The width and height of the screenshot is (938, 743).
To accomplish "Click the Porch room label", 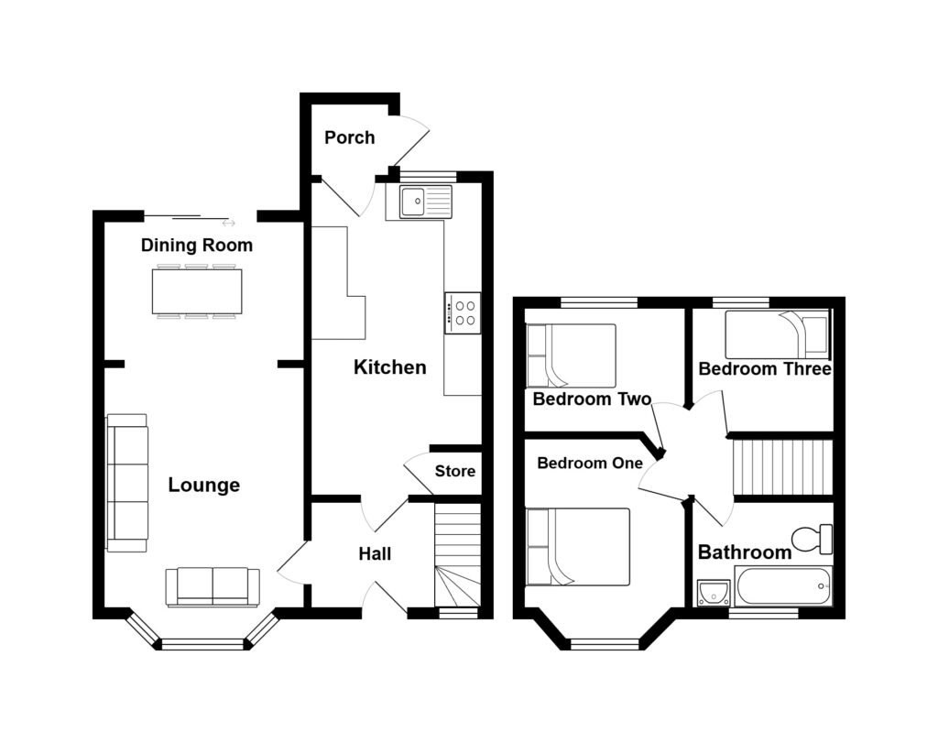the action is click(x=349, y=137).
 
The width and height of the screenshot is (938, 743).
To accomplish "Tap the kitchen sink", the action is click(x=426, y=201).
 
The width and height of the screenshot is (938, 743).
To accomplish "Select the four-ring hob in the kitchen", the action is click(x=463, y=313).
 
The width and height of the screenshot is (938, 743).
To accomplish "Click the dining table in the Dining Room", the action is click(x=197, y=291).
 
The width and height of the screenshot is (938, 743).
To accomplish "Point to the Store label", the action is click(x=455, y=472).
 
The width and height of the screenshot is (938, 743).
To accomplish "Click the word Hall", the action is click(x=375, y=554).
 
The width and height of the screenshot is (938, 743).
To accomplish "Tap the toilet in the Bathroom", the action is click(x=812, y=539).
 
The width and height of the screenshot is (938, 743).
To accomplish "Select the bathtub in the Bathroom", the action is click(x=784, y=586).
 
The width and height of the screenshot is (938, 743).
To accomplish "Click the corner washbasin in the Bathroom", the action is click(x=714, y=592).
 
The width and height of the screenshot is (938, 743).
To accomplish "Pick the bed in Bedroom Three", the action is click(x=778, y=333).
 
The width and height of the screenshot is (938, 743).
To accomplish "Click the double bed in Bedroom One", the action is click(x=578, y=547).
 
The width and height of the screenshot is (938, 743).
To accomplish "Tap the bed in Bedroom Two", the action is click(x=571, y=355).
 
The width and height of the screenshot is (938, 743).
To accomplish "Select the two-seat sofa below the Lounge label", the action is click(x=213, y=588).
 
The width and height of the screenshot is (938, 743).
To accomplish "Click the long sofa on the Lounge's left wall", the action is click(x=127, y=483).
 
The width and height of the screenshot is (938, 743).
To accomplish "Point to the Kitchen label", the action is click(x=390, y=366).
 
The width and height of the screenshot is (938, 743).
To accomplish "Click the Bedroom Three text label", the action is click(x=765, y=368).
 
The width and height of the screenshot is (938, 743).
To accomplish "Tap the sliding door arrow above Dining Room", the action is click(x=228, y=224).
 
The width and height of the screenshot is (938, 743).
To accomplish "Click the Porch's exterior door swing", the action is click(x=411, y=140).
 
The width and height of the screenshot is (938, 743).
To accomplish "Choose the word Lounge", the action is click(x=204, y=486).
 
